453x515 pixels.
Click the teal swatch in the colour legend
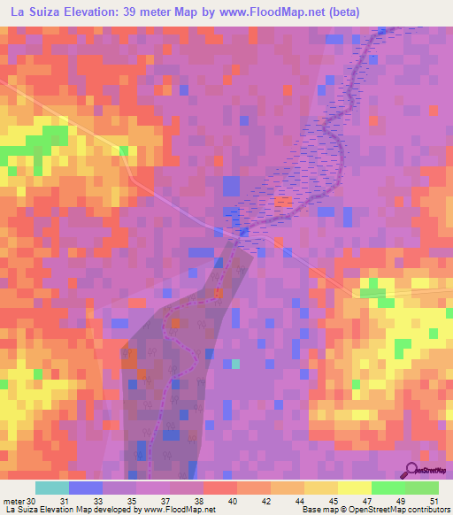52,488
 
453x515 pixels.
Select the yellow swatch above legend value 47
355,488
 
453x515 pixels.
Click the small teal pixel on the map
236,364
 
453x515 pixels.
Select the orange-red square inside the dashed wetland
282,202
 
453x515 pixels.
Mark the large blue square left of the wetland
231,186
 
